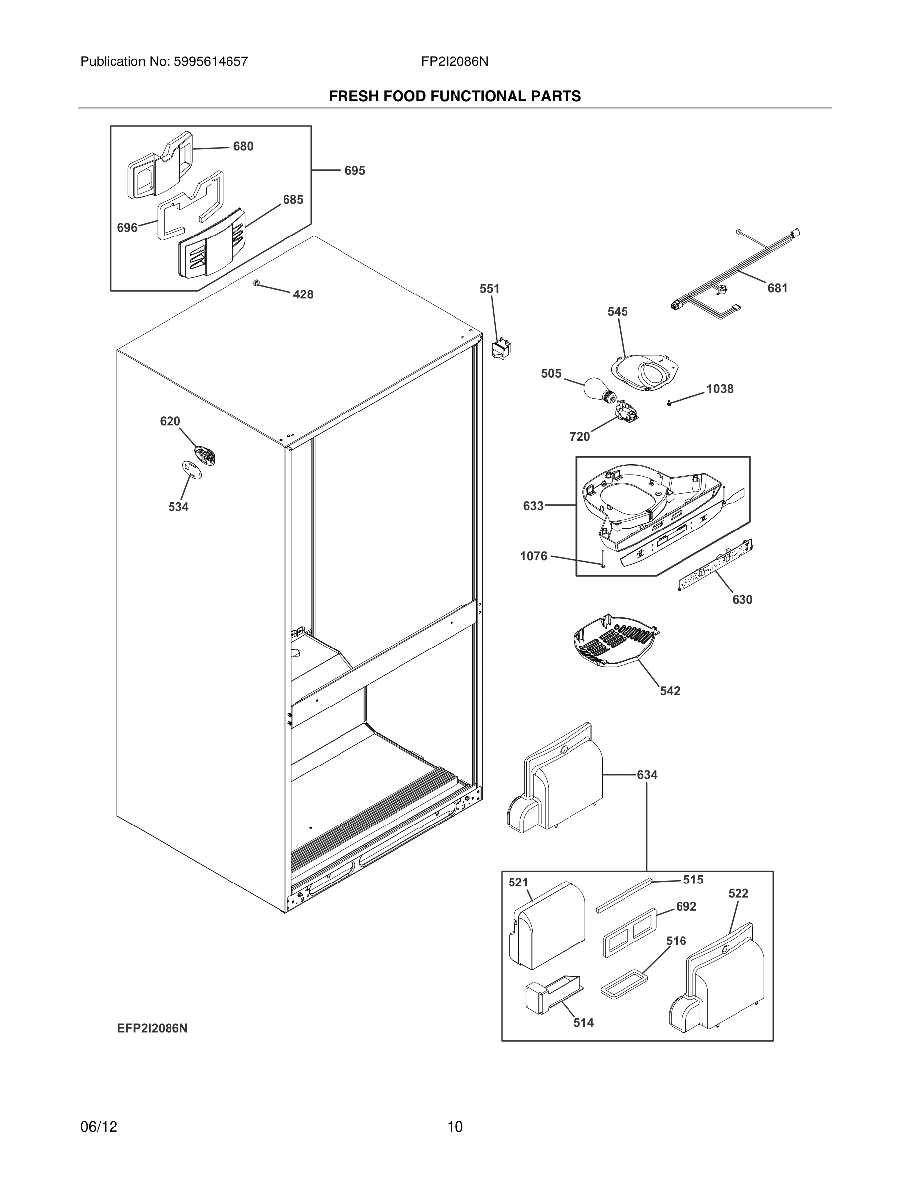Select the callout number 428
(303, 294)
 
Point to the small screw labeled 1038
(669, 403)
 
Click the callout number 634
(647, 775)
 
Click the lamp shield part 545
(645, 372)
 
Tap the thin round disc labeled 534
(190, 468)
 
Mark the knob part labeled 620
(205, 454)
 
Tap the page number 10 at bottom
(455, 1127)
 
